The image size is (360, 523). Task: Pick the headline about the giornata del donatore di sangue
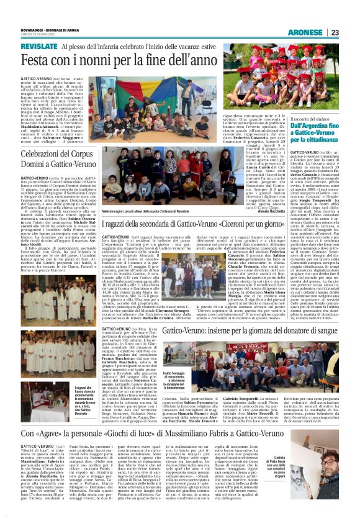[x=251, y=331]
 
